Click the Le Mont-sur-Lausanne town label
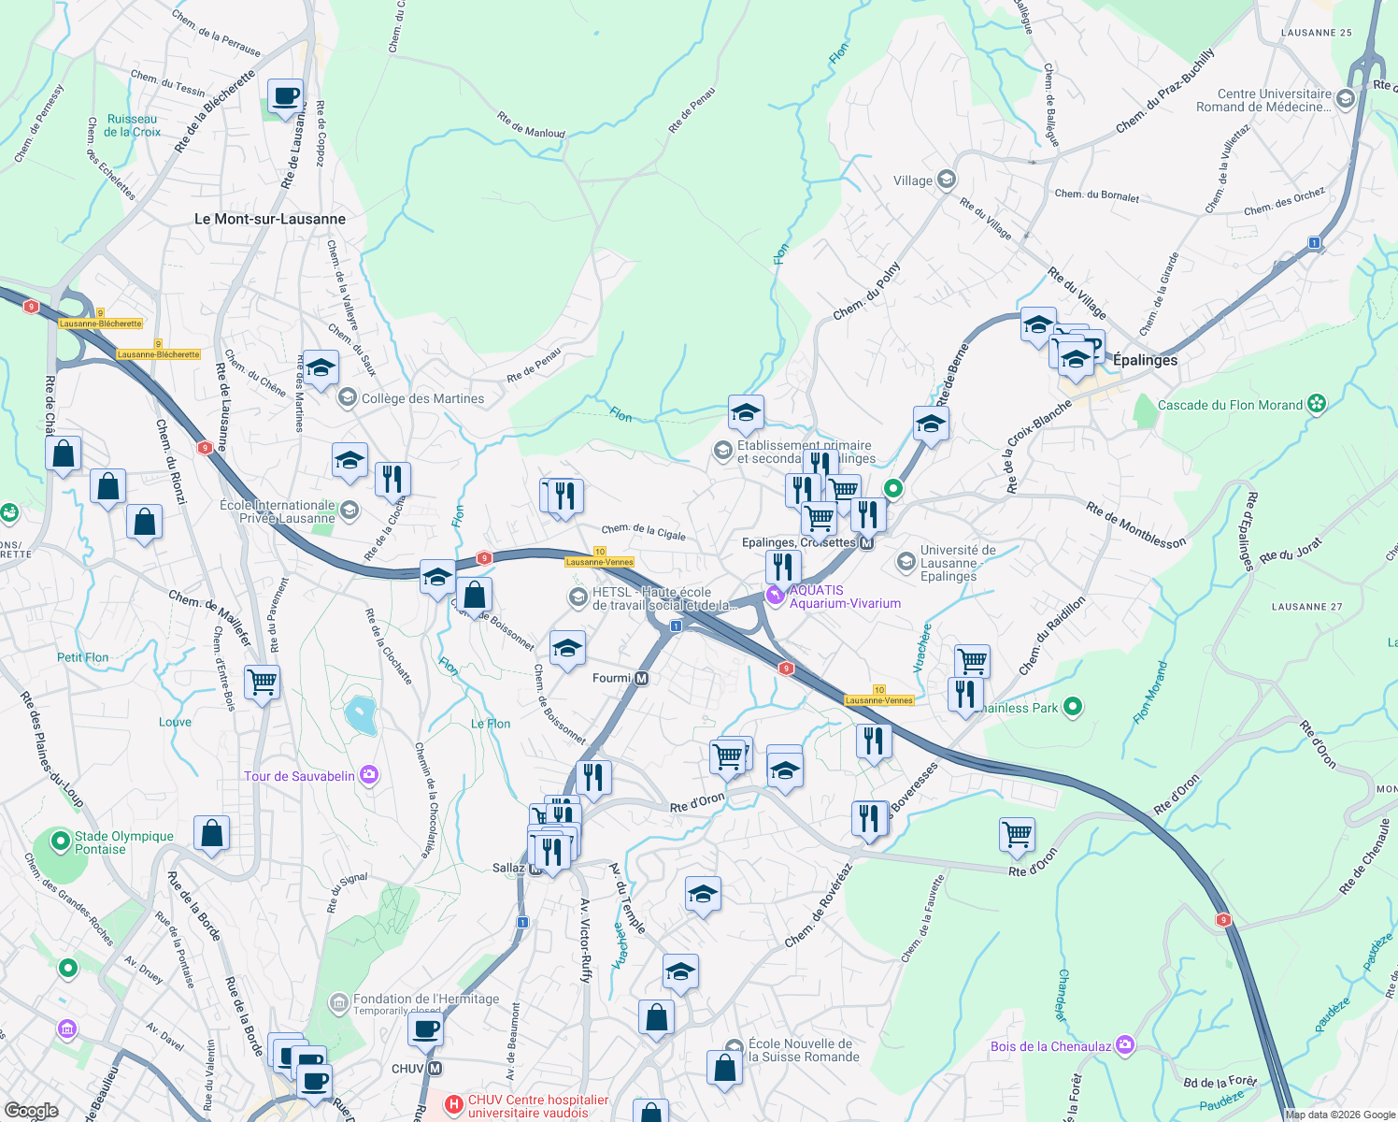coord(270,219)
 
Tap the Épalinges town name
coord(1145,360)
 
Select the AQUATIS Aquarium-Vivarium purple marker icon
coord(775,594)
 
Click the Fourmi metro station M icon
coord(641,678)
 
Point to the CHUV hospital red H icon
coord(454,1105)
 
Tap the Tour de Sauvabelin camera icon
coord(369,775)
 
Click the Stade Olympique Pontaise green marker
coord(61,841)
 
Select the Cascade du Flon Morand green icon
coord(1317,404)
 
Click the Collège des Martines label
coord(422,398)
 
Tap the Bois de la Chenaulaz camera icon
coord(1125,1044)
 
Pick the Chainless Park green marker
coord(1073,707)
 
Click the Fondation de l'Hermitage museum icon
coord(338,1003)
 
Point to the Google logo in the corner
coord(32,1111)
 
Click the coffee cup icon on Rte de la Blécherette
coord(285,96)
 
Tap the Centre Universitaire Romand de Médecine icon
coord(1345,99)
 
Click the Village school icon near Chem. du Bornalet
coord(947,180)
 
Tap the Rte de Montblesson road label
coord(1135,525)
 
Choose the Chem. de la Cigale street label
coord(643,532)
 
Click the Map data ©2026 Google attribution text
coord(1340,1115)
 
